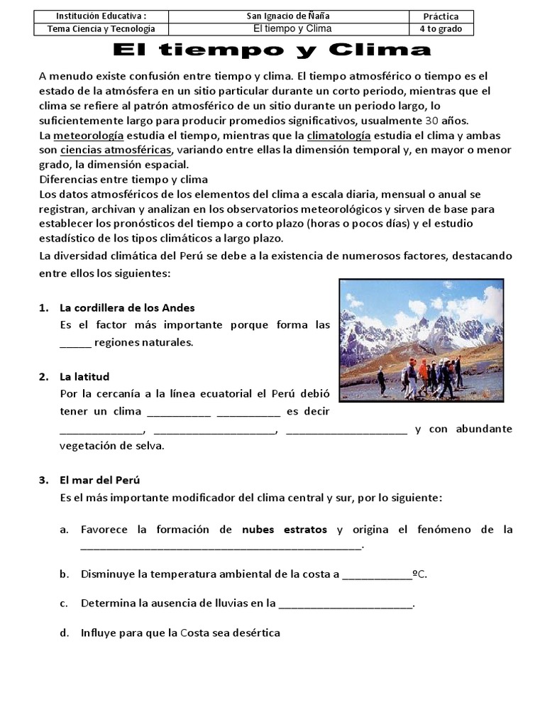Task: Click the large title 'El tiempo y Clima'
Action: (272, 50)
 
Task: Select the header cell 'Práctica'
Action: (441, 16)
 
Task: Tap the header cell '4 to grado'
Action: (441, 29)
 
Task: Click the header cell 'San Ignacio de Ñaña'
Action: (292, 16)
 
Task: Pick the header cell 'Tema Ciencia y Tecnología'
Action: (101, 29)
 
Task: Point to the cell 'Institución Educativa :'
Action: (101, 16)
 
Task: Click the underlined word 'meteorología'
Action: (89, 134)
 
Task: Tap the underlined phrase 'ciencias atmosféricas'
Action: (116, 150)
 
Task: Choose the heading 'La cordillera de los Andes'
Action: (127, 308)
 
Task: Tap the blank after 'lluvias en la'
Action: (346, 606)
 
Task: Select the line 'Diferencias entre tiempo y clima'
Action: (123, 179)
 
